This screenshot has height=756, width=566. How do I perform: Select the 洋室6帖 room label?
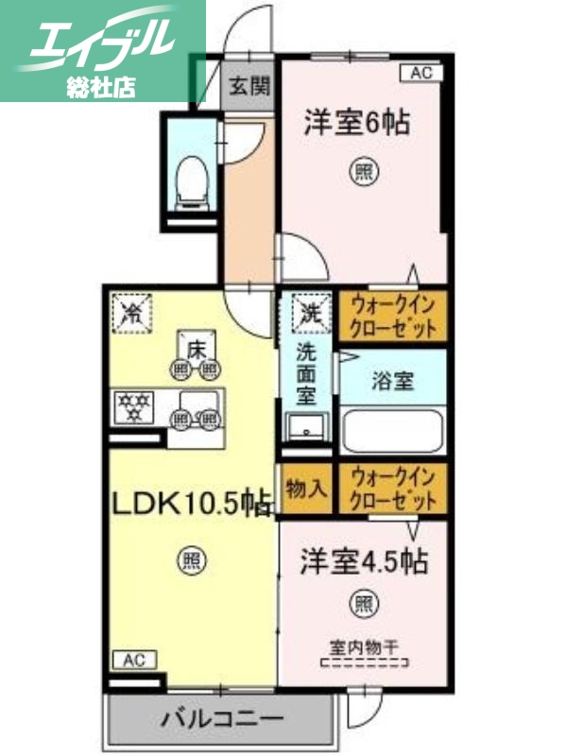pyautogui.click(x=357, y=123)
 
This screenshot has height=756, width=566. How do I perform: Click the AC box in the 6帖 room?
pyautogui.click(x=421, y=71)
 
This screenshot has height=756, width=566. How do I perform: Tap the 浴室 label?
pyautogui.click(x=392, y=382)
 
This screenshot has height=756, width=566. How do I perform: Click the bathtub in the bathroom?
pyautogui.click(x=392, y=430)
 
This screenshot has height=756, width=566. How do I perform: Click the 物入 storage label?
pyautogui.click(x=306, y=489)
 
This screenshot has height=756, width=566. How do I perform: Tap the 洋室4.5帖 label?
pyautogui.click(x=364, y=561)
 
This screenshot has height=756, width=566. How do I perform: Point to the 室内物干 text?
pyautogui.click(x=365, y=648)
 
